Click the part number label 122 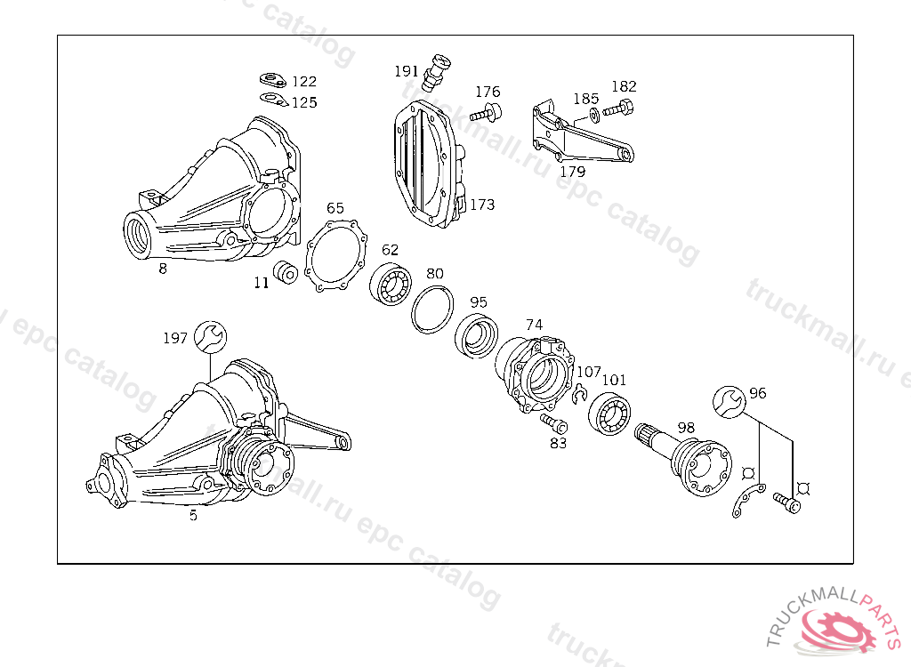(x=303, y=82)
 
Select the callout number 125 (x=303, y=102)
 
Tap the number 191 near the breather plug (x=407, y=71)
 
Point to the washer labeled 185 (x=593, y=116)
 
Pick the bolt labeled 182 (x=617, y=110)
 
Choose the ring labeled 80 (x=431, y=309)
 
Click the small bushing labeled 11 (x=286, y=273)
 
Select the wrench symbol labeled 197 (x=211, y=335)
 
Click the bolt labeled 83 (x=552, y=422)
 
